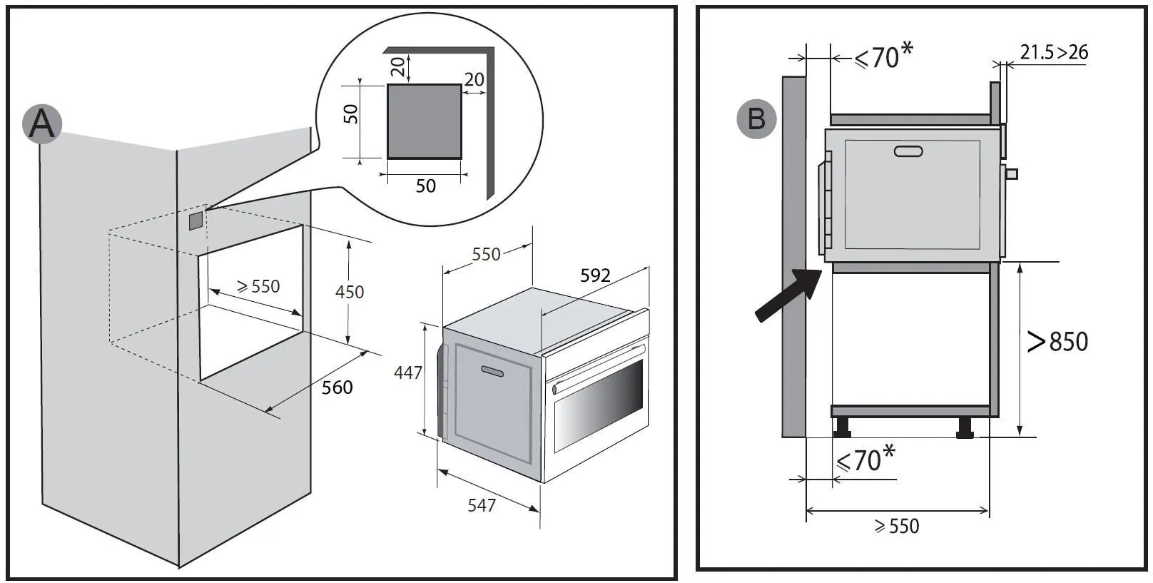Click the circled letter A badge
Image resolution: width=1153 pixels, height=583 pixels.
[x=41, y=123]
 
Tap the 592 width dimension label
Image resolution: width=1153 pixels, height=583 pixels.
[x=595, y=275]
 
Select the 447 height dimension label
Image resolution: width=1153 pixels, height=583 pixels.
[x=408, y=372]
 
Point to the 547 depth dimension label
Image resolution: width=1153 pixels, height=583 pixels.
[x=482, y=505]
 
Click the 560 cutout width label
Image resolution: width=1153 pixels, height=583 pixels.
[x=337, y=387]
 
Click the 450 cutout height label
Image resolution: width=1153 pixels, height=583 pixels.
[x=350, y=292]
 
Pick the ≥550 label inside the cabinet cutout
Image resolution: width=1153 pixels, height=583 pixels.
[x=258, y=287]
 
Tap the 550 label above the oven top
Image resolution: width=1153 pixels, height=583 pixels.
[x=486, y=255]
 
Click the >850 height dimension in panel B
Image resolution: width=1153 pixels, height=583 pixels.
[x=1057, y=342]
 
